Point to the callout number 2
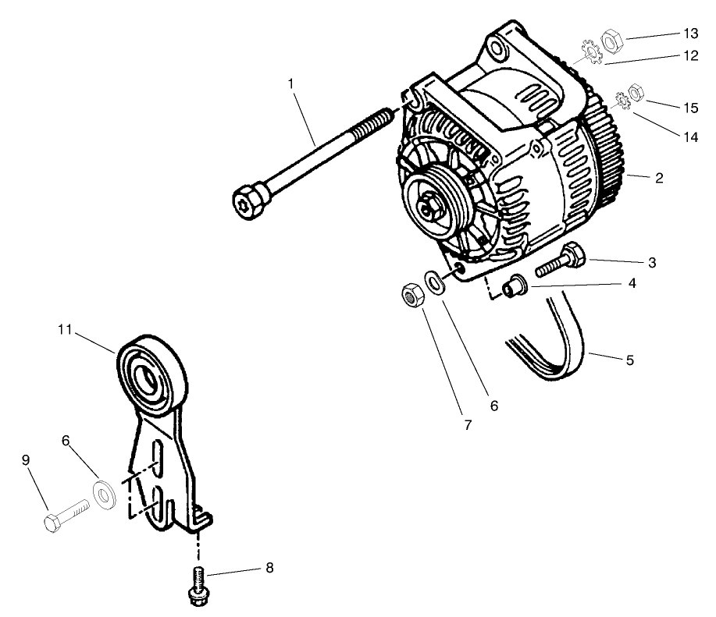[659, 178]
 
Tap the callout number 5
[629, 361]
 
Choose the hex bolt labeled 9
[66, 515]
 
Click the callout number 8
[269, 569]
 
